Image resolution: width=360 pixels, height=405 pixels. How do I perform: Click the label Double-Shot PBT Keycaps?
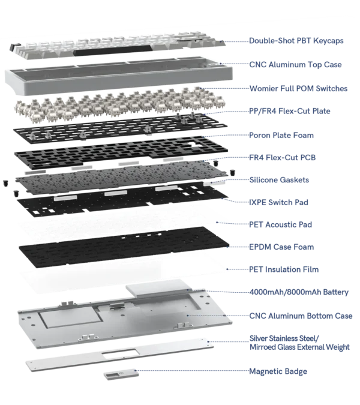(x=296, y=41)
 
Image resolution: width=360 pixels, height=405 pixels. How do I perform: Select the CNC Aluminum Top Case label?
(x=295, y=65)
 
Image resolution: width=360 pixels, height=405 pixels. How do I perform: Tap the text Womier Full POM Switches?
(x=299, y=89)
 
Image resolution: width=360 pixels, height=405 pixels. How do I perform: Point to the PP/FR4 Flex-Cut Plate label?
(x=290, y=111)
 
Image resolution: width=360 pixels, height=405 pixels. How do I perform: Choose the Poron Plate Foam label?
(x=281, y=136)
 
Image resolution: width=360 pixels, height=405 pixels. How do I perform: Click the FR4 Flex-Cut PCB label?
(x=283, y=158)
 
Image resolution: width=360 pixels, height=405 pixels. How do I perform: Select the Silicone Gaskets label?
(x=279, y=180)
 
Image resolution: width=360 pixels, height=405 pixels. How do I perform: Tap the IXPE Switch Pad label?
(x=278, y=202)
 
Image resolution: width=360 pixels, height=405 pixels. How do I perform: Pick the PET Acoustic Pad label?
(x=280, y=224)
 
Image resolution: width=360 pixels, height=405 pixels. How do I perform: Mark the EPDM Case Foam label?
(x=281, y=247)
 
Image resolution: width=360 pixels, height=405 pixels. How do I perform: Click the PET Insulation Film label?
(x=284, y=269)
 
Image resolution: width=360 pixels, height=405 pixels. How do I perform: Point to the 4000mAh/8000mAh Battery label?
(x=299, y=292)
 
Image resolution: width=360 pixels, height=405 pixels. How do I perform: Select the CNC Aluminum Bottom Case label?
(x=301, y=316)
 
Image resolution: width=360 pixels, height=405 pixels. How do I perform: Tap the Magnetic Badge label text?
(x=278, y=371)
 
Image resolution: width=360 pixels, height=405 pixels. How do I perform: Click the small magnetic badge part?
(x=121, y=374)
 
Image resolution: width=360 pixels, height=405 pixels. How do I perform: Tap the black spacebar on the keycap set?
(x=113, y=50)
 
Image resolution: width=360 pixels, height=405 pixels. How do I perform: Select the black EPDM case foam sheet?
(x=124, y=247)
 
